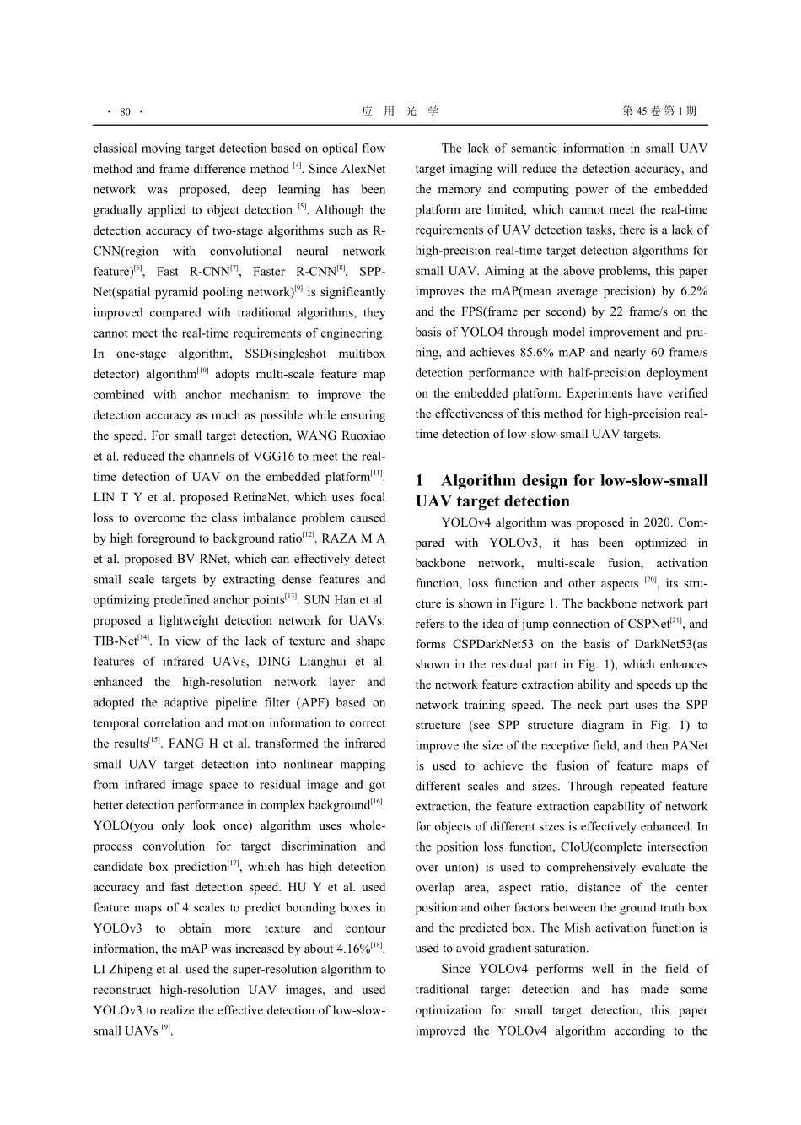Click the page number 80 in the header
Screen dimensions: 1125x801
pos(125,111)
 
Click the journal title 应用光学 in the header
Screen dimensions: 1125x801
pos(400,111)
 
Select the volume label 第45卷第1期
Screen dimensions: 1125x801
pos(659,111)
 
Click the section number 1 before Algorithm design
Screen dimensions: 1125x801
pos(420,481)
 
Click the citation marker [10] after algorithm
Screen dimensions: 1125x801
pos(203,370)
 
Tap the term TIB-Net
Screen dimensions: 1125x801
pos(115,641)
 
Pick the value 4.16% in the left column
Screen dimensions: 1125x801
pos(347,949)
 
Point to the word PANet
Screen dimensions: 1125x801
pos(688,745)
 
